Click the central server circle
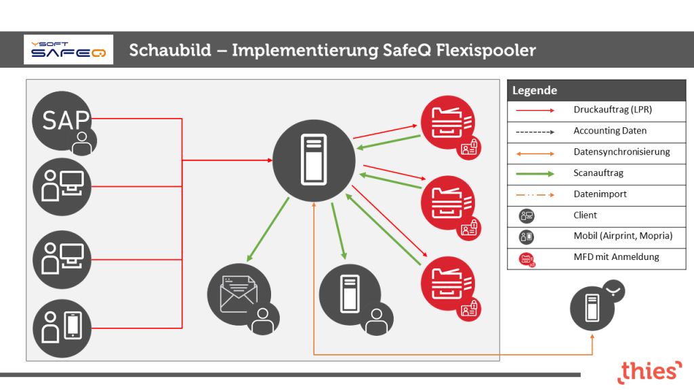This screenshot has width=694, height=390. (313, 160)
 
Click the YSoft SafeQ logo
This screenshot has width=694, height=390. (68, 50)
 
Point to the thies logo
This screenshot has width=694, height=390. (649, 371)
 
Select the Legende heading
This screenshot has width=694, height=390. (535, 90)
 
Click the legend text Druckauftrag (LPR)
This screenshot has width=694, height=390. (613, 110)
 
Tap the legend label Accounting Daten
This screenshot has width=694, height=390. (610, 131)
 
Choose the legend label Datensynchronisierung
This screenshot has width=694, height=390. (621, 152)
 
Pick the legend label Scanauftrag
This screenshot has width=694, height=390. (598, 173)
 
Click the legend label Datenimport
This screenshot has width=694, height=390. (600, 194)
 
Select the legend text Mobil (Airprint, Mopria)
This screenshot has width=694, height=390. (623, 236)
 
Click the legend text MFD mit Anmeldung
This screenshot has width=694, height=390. (616, 257)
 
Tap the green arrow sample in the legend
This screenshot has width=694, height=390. (535, 174)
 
